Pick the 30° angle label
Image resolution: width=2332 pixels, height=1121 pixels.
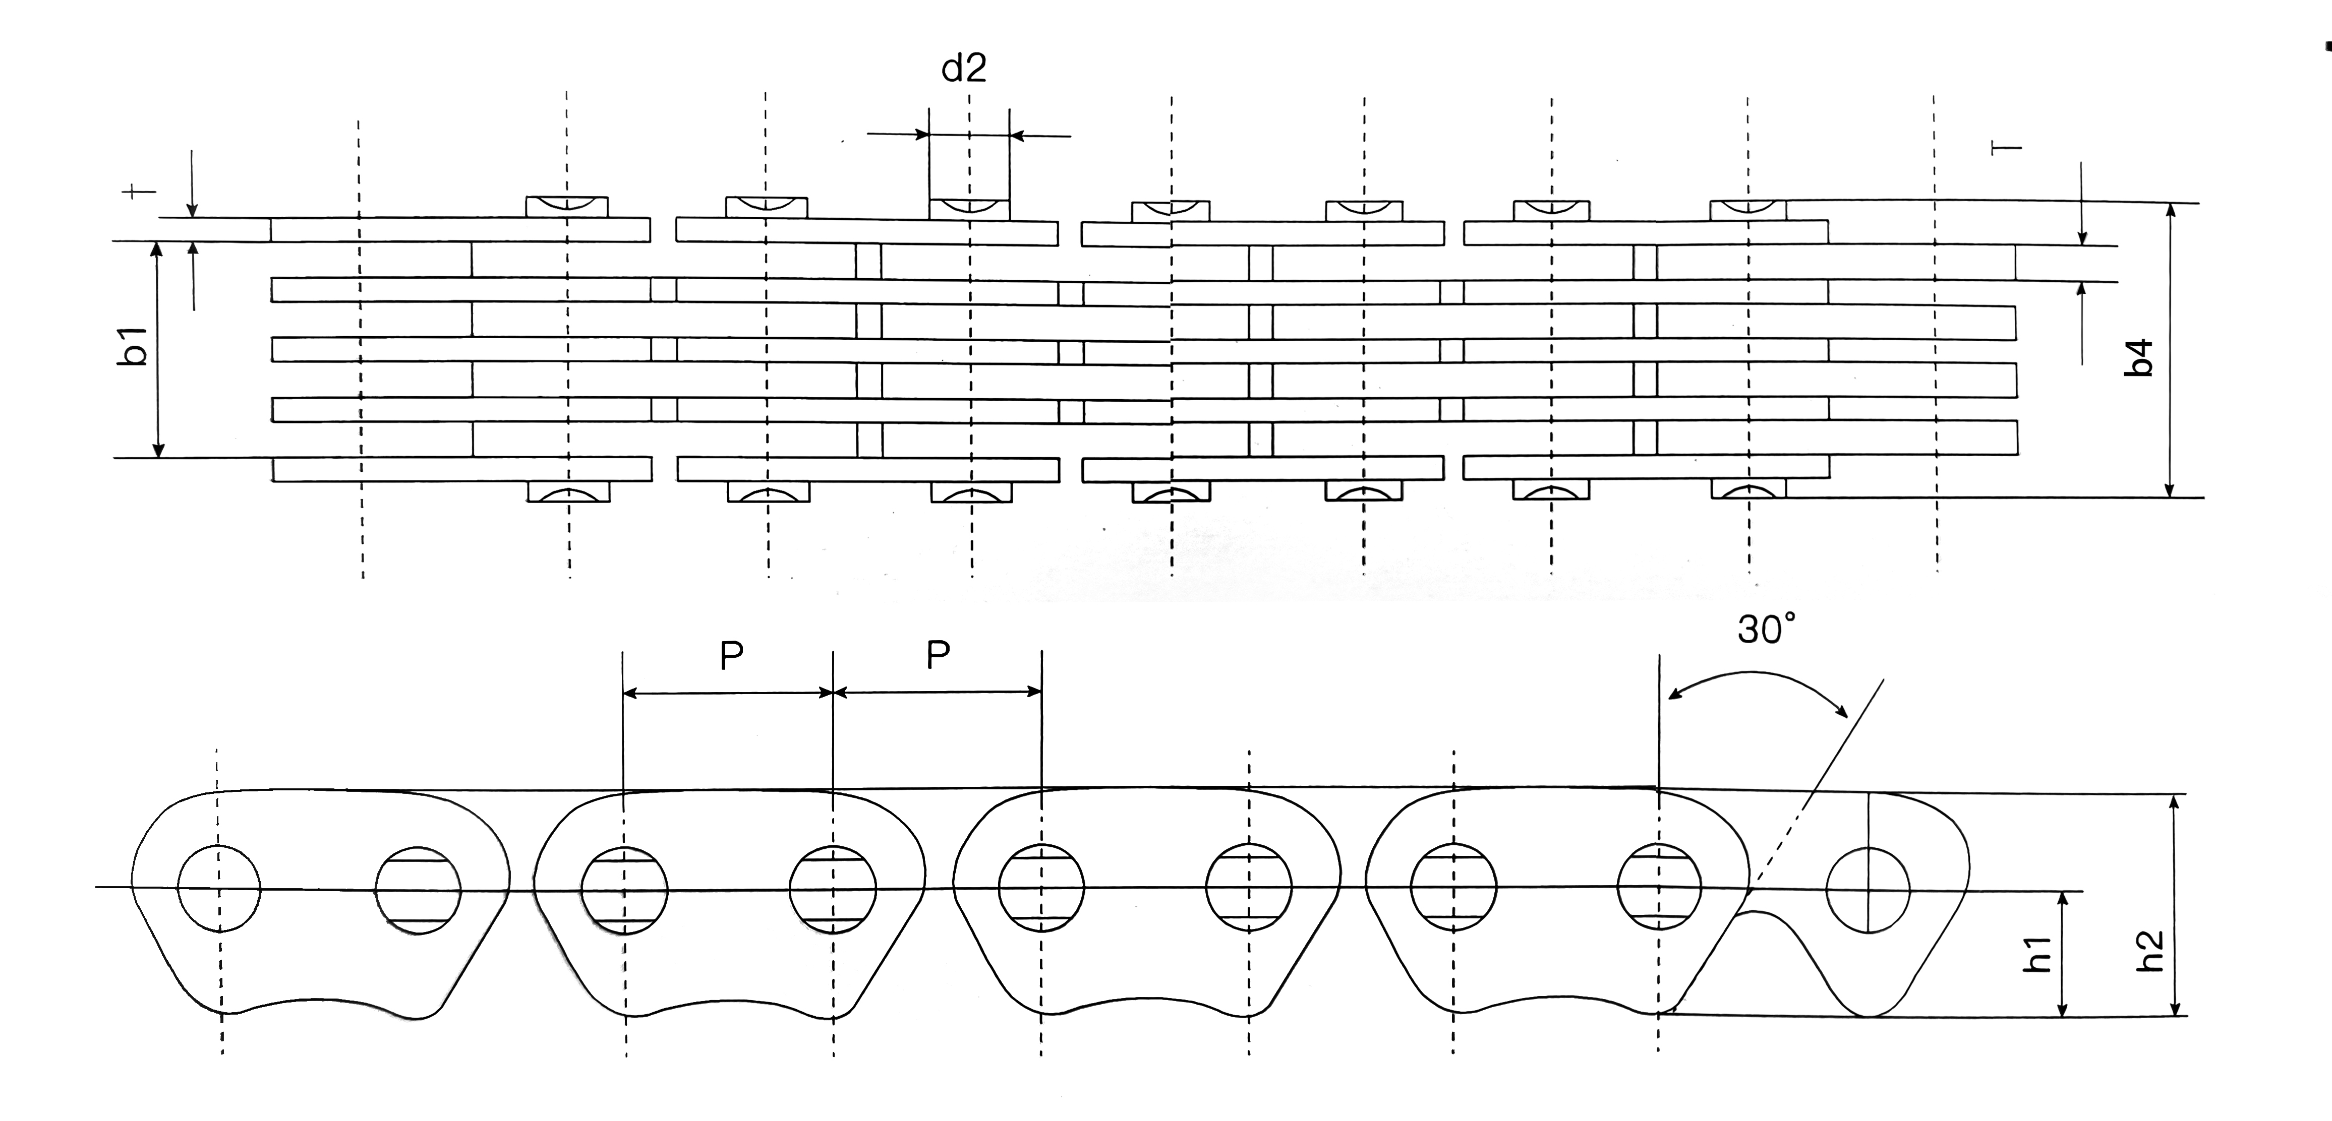(1765, 629)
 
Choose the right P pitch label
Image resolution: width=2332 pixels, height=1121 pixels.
(938, 656)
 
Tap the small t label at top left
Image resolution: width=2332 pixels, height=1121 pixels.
(139, 191)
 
